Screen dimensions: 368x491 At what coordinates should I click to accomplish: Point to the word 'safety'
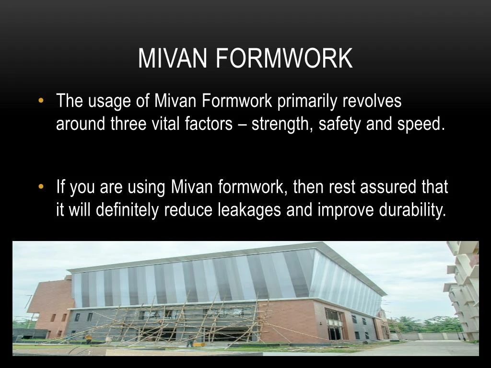pos(341,124)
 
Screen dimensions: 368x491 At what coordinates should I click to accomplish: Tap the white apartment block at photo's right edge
pos(464,287)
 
